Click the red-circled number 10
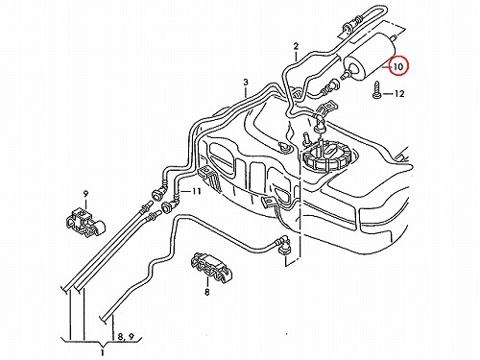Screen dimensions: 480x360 (x=398, y=66)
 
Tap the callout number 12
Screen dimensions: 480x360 (x=398, y=94)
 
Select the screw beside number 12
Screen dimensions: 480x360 (x=376, y=90)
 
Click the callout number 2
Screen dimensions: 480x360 (x=296, y=46)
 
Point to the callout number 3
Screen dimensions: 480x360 (x=246, y=83)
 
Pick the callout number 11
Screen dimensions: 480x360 (x=196, y=191)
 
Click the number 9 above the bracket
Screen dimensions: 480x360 (x=85, y=194)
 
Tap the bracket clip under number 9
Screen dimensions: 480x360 (x=84, y=222)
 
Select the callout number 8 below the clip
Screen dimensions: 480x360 (x=207, y=292)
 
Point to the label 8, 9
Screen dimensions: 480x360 (x=126, y=337)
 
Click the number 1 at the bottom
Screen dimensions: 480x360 (x=103, y=353)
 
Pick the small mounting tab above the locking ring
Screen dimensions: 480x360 (x=326, y=108)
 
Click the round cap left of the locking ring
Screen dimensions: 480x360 (x=284, y=147)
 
